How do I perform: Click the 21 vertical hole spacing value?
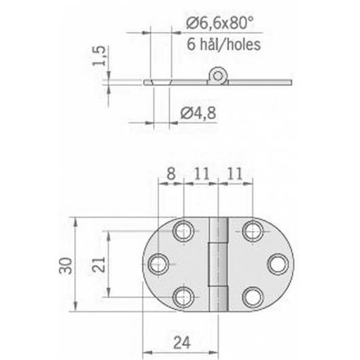coord(97,264)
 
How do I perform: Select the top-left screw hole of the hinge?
coord(183,231)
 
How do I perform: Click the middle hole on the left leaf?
coord(158,264)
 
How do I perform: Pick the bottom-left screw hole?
coord(183,297)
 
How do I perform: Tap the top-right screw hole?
coord(252,231)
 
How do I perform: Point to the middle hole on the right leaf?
coord(277,264)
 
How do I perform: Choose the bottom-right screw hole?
coord(252,297)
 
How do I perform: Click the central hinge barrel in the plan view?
coord(218,264)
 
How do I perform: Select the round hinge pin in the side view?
coord(218,75)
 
